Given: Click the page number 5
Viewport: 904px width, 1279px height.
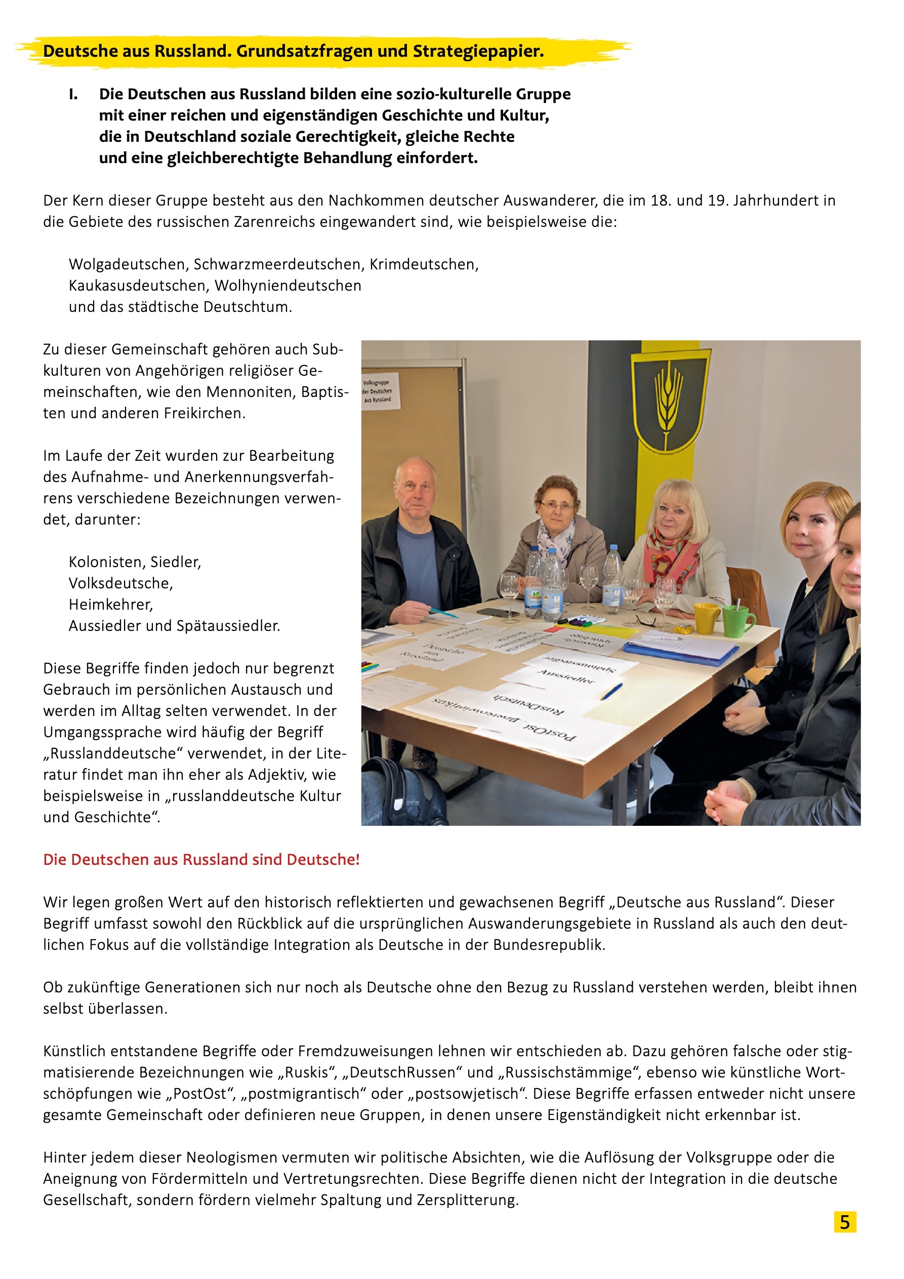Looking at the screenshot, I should click(x=844, y=1222).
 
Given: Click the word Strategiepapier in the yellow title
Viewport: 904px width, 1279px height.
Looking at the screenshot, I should click(x=478, y=51).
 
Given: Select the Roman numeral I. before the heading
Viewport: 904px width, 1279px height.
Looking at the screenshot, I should click(x=73, y=94).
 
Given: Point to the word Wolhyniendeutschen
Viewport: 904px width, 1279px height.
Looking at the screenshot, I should click(x=287, y=285).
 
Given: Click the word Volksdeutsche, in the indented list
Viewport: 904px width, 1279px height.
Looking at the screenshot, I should click(x=121, y=583).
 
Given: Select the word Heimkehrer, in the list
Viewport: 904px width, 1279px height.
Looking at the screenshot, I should click(x=111, y=604).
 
